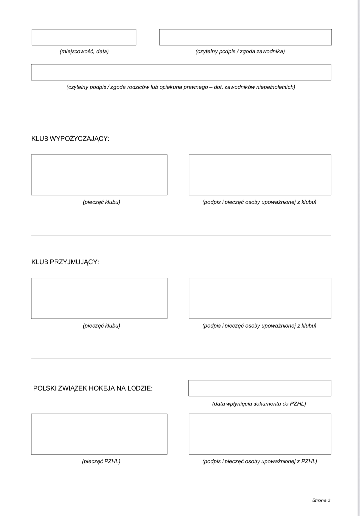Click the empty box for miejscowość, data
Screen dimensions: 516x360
point(84,37)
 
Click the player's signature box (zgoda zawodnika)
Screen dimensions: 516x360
point(245,37)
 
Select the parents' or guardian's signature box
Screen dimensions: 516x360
point(181,72)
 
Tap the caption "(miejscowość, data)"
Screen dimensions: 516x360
point(84,51)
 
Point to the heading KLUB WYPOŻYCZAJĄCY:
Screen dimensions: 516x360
point(70,139)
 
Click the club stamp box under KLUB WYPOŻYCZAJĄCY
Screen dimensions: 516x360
point(99,175)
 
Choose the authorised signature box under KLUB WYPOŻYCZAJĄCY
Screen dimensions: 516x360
point(260,175)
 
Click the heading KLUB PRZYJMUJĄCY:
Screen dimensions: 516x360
point(65,262)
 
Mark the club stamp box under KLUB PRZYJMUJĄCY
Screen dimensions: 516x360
point(99,298)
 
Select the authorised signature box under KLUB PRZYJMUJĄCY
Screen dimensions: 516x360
point(260,298)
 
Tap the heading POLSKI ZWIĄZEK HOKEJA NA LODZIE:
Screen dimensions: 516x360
point(93,388)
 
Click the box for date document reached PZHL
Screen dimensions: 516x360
point(260,388)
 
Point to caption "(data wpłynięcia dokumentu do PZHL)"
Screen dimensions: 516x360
point(259,404)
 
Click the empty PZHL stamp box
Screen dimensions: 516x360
point(99,434)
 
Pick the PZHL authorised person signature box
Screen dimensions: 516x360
point(260,434)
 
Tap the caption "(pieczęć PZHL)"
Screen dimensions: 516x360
point(101,461)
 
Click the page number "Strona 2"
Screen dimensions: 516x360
point(321,500)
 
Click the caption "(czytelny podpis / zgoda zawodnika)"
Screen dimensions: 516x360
point(240,51)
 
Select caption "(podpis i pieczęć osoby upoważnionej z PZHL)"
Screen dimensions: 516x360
point(259,461)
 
